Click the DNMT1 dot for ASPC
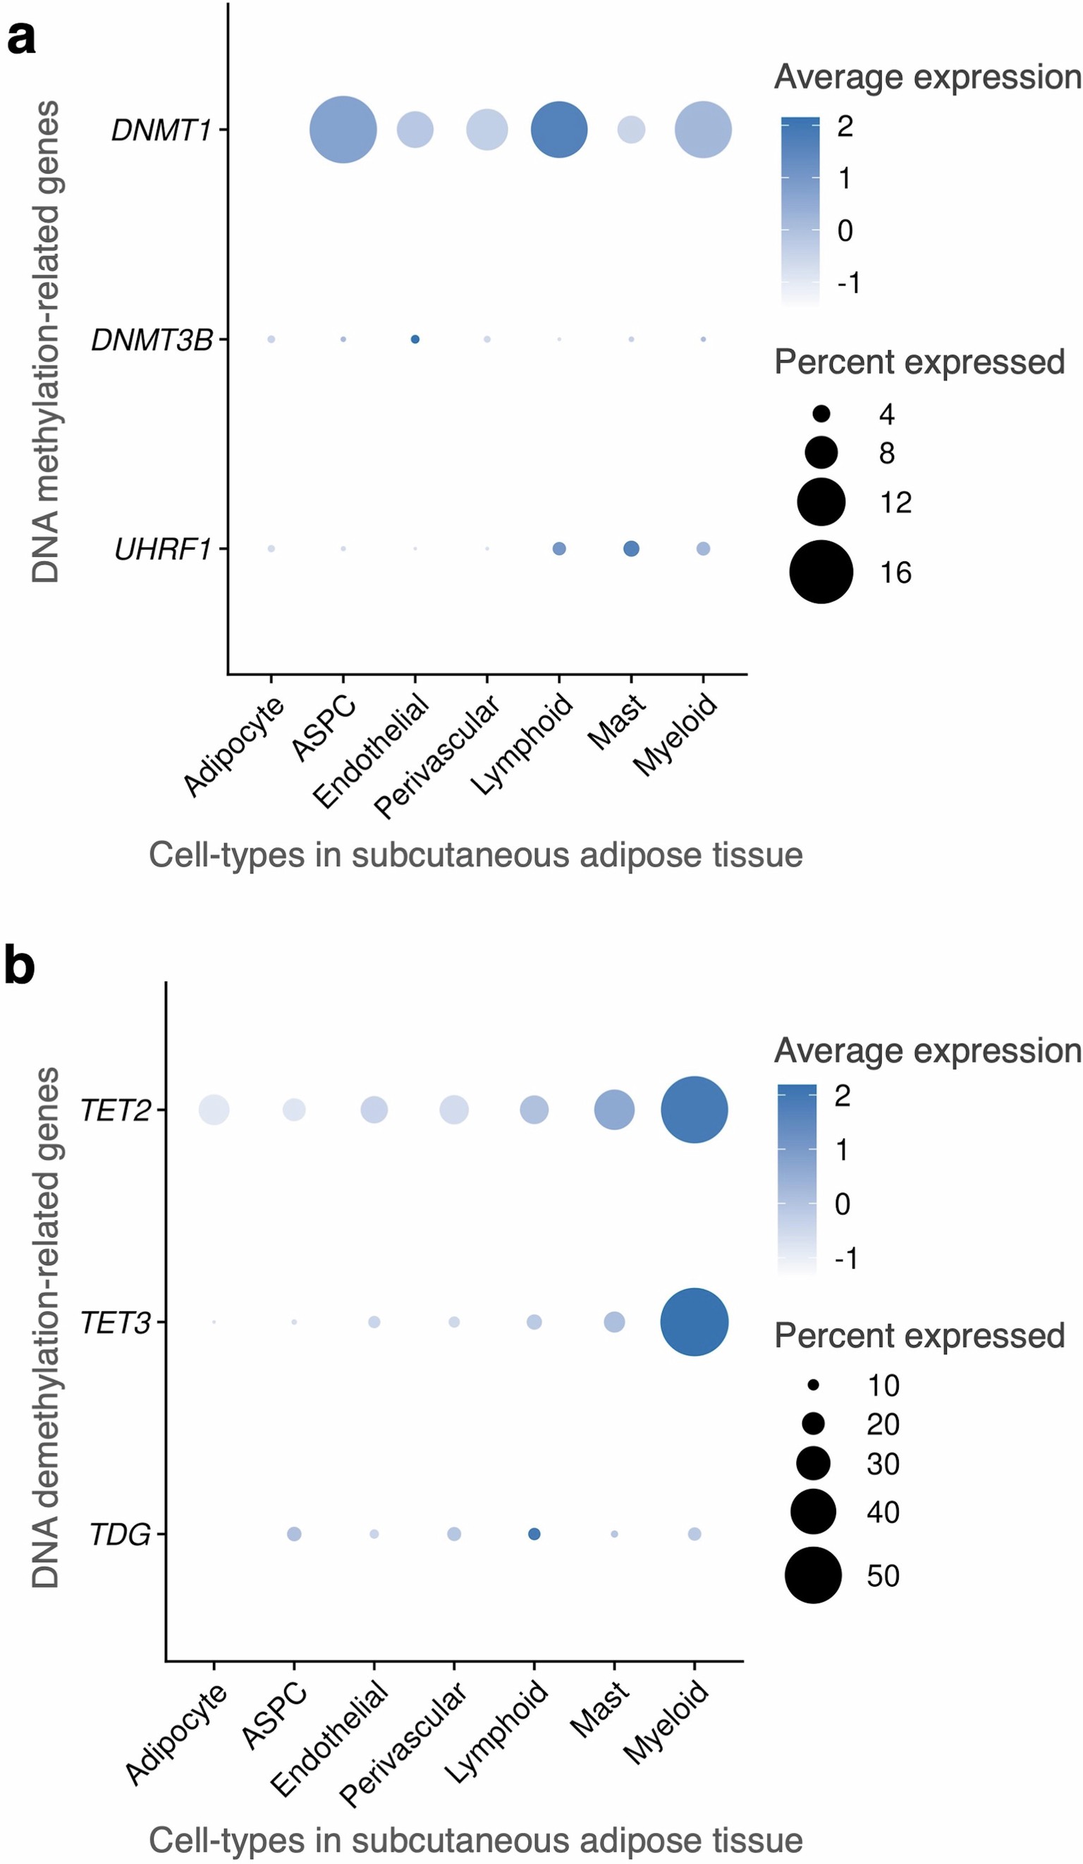[343, 130]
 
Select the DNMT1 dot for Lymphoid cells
[559, 130]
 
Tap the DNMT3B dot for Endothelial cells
[415, 340]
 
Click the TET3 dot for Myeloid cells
[694, 1322]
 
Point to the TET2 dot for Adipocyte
[214, 1110]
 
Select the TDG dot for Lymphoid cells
[534, 1534]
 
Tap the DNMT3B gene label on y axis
[152, 340]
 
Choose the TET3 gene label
[116, 1323]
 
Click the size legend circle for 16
[821, 572]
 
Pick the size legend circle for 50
[813, 1575]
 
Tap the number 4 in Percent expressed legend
[887, 415]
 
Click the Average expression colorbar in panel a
[800, 211]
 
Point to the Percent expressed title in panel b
[919, 1336]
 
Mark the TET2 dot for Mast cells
[614, 1110]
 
